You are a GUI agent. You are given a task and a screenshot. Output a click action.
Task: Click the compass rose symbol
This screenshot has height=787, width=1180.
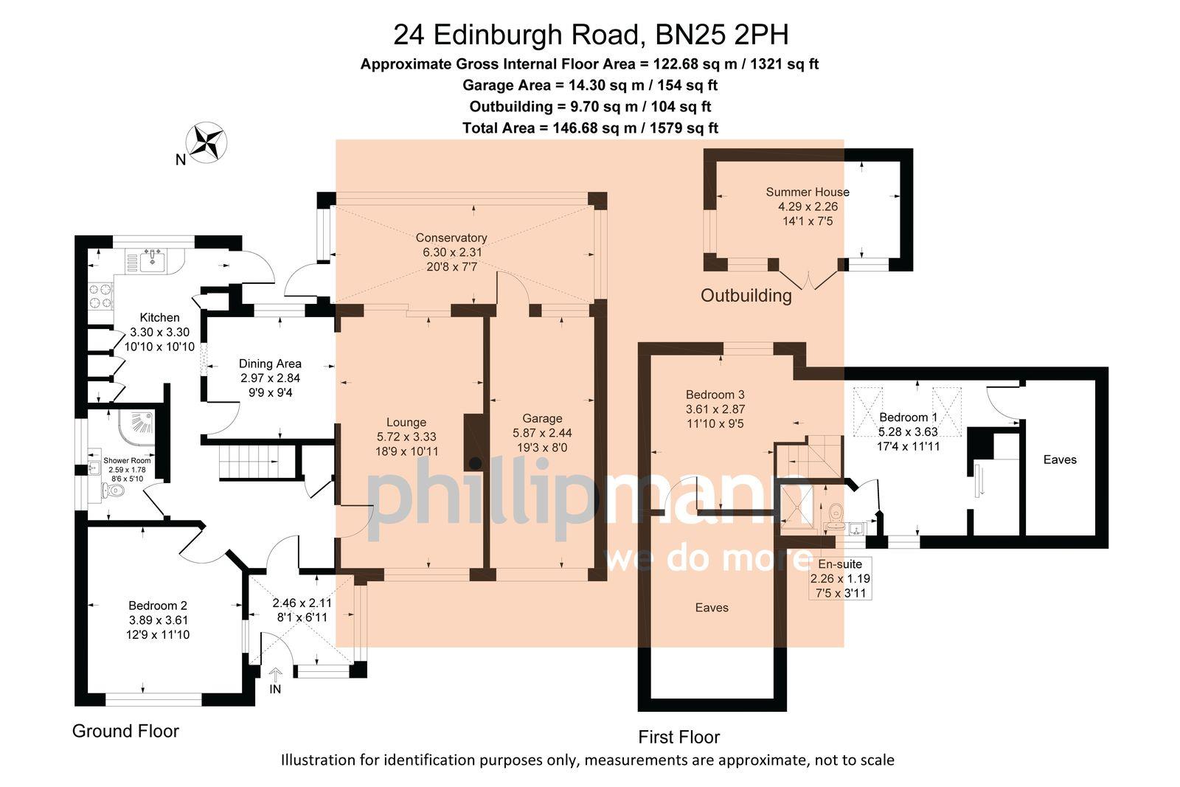coord(207,142)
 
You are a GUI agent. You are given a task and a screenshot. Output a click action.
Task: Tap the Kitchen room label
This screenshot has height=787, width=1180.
coord(160,318)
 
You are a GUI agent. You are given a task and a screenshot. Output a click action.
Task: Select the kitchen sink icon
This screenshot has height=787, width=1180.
coord(153,258)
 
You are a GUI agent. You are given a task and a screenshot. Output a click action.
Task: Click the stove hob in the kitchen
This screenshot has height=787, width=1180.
coord(101,295)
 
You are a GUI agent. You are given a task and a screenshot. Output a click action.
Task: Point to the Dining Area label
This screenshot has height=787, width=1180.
coord(270,364)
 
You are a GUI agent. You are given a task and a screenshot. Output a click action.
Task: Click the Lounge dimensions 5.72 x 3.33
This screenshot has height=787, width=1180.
coord(406,437)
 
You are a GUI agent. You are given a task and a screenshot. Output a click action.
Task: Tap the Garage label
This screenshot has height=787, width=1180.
coord(542,418)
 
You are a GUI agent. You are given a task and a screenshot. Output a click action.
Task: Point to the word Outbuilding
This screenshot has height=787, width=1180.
coord(746,296)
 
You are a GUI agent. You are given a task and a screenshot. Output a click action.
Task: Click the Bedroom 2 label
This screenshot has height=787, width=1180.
coord(158,606)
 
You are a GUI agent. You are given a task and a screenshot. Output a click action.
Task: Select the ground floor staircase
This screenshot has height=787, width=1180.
coord(251,462)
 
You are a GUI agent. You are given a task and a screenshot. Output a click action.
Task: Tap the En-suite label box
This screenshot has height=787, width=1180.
coord(840,578)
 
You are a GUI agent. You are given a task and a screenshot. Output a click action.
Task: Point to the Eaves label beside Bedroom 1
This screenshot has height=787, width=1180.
coord(1060,460)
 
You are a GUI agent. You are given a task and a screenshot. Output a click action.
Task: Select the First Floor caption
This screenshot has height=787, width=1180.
coord(678,737)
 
